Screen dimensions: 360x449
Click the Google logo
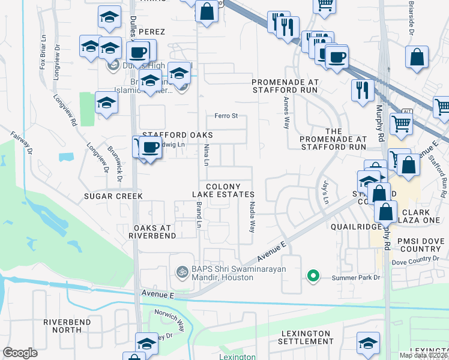(20, 353)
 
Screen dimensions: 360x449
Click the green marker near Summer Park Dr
(312, 276)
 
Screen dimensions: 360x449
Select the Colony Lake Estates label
(224, 191)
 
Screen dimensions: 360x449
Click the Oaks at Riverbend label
(146, 231)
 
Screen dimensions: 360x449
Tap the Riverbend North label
(70, 326)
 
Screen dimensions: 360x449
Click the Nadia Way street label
(253, 217)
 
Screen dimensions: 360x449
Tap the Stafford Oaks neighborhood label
(177, 135)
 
